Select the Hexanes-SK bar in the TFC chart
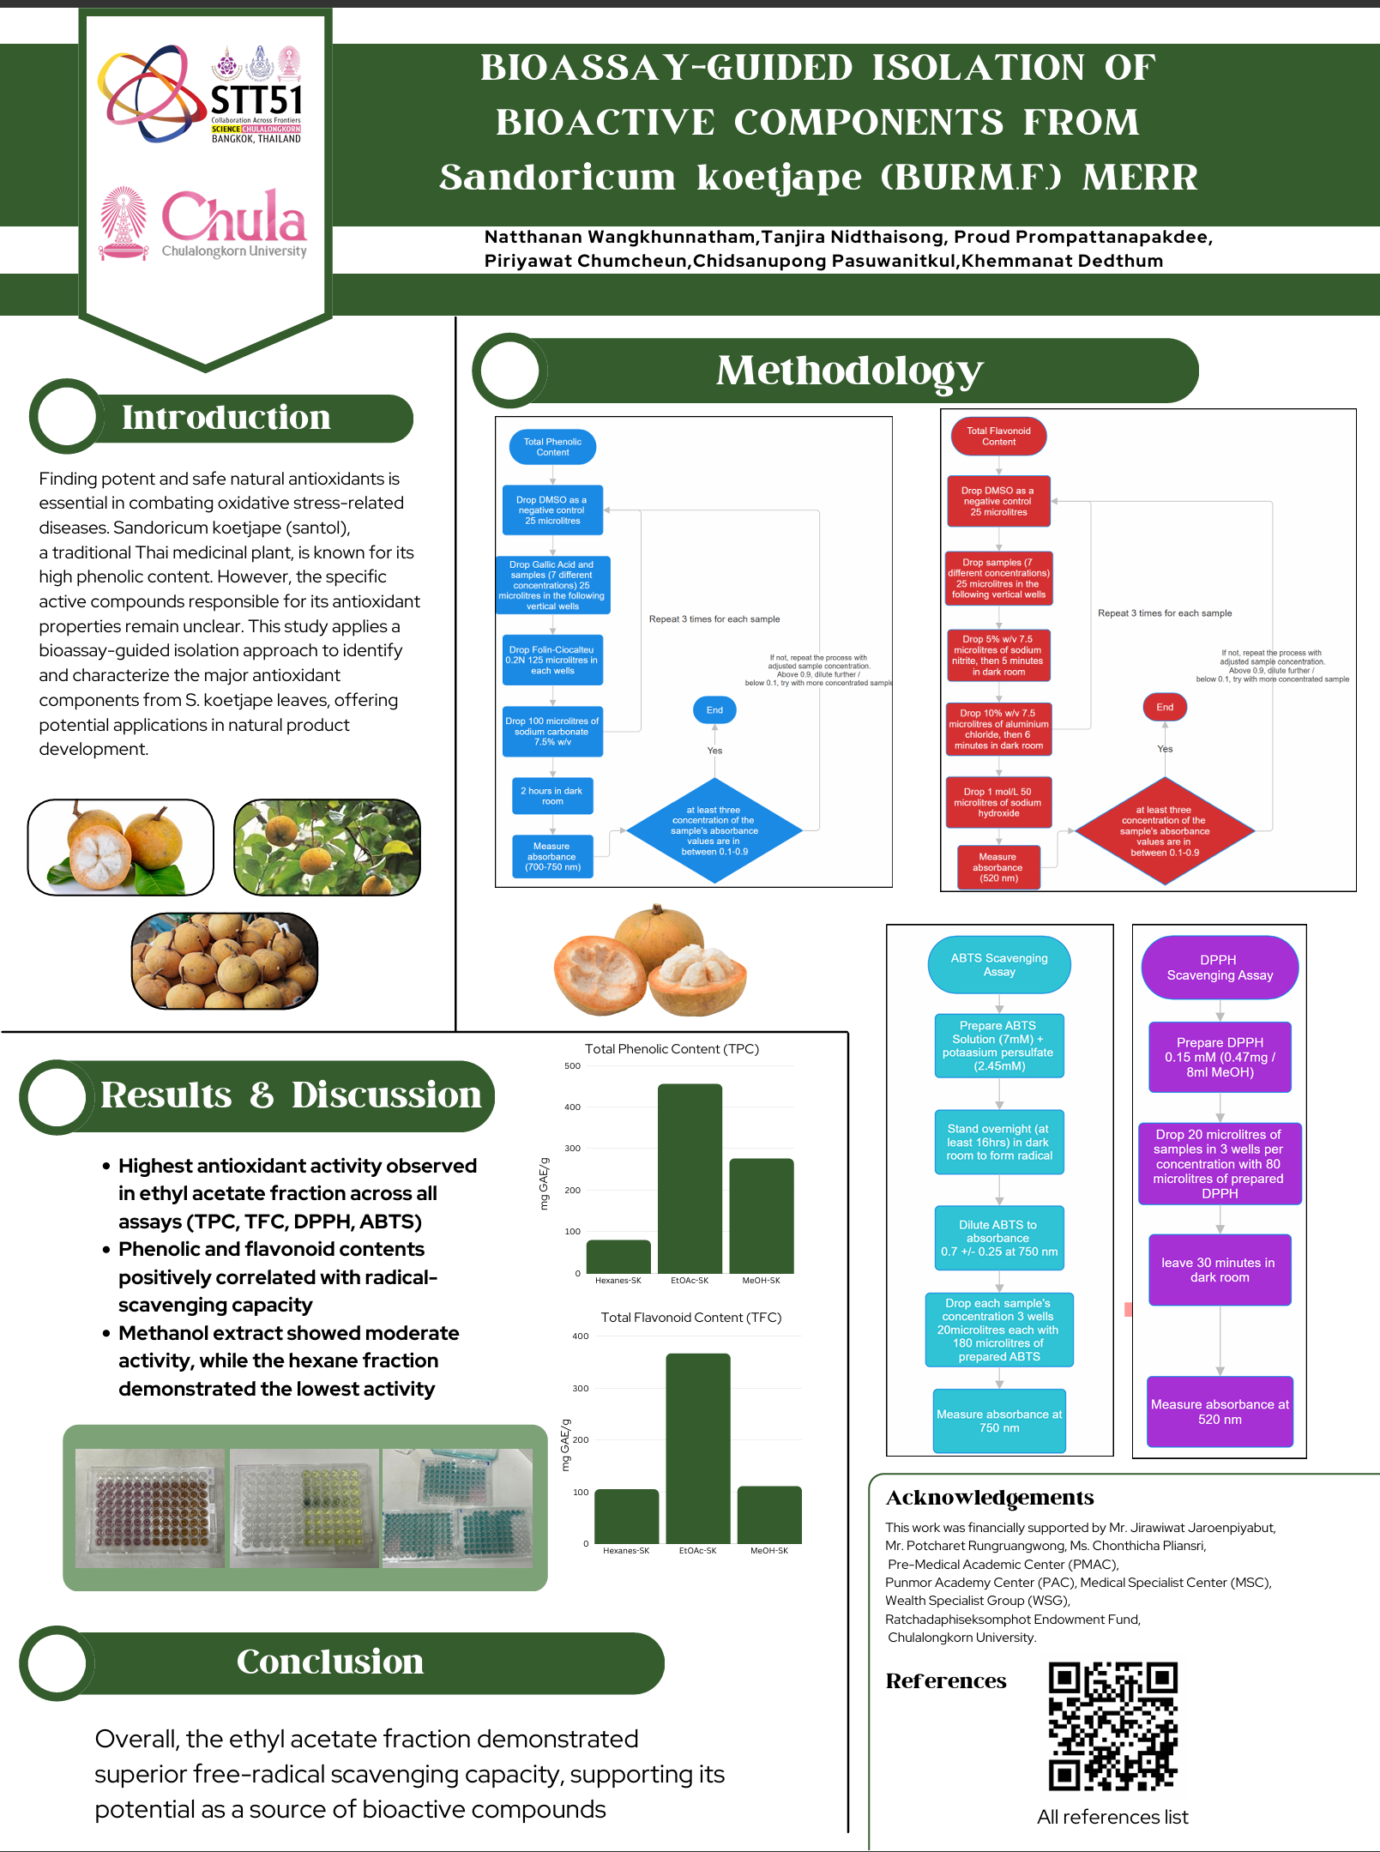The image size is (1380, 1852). pos(626,1516)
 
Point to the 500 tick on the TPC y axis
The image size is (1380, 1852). pos(573,1066)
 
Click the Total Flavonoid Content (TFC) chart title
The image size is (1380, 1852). pos(690,1318)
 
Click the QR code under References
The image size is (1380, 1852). pos(1112,1727)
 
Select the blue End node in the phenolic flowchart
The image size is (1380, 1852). pos(714,710)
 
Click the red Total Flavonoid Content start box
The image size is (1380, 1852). pos(998,437)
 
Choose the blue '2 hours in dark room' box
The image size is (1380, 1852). pos(551,796)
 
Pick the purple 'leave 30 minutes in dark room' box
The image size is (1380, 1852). pos(1219,1270)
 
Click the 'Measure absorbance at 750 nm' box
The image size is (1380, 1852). pos(999,1421)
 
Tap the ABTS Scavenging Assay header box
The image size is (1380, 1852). pos(998,965)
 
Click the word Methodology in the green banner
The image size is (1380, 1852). pos(849,371)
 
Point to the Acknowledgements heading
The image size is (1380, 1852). pos(989,1498)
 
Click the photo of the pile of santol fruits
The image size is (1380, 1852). pos(225,961)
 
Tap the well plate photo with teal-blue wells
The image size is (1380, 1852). pos(457,1508)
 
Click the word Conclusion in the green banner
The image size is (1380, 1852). pos(330,1662)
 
